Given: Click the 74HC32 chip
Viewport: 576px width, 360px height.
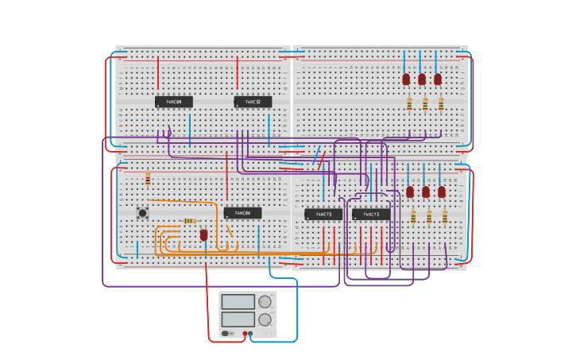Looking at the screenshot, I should [x=253, y=102].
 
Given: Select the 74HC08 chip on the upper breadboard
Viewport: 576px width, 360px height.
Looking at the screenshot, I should [x=173, y=102].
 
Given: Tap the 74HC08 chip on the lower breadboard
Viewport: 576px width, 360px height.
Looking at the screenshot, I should [x=242, y=213].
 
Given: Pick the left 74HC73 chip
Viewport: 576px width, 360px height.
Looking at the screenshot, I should [x=323, y=214].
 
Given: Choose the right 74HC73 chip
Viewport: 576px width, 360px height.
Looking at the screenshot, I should [x=371, y=214].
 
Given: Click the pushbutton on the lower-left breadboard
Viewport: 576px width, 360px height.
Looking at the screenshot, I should [x=142, y=212].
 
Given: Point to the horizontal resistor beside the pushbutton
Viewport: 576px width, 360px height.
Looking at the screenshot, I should [x=189, y=221].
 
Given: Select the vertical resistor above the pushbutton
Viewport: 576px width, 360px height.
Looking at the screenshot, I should [x=148, y=180].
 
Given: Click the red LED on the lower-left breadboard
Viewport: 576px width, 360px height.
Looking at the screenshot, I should [x=203, y=234].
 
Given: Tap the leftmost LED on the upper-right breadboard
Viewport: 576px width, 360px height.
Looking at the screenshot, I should [x=406, y=79].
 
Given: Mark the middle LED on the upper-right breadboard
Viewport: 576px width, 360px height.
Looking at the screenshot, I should [x=422, y=79].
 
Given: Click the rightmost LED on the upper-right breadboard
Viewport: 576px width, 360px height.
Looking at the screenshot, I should [x=438, y=79].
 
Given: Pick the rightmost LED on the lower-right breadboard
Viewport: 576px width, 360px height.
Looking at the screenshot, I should [x=442, y=192].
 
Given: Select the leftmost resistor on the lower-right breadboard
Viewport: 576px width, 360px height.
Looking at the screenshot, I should [x=413, y=216].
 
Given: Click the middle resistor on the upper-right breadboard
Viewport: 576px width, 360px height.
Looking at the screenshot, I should [x=425, y=103].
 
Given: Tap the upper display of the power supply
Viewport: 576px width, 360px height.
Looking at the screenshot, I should [x=238, y=302].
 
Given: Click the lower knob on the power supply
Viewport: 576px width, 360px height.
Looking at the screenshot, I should [x=265, y=319].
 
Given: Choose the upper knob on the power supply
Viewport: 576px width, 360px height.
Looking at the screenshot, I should [x=265, y=302].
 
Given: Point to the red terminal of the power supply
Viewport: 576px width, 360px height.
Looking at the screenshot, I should [x=245, y=334].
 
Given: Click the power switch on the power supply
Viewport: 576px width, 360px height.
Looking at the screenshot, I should [x=226, y=334].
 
